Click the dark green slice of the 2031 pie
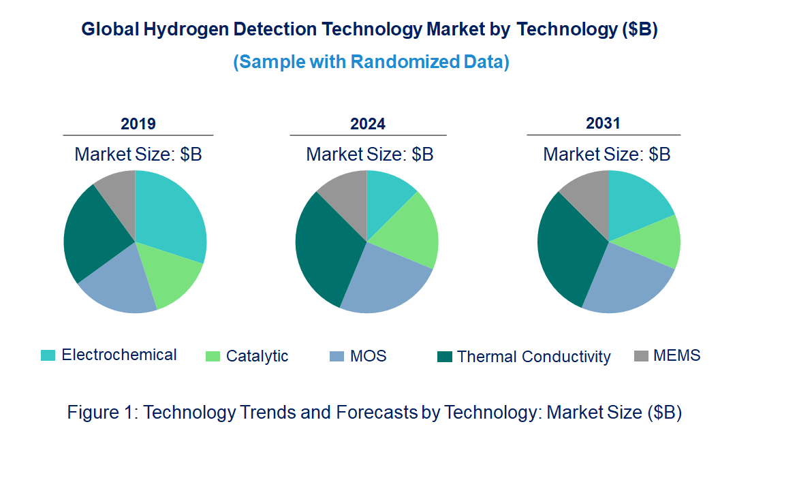[565, 252]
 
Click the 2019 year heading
[138, 124]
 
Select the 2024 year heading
[368, 124]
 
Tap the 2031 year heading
[603, 124]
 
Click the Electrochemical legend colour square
[48, 355]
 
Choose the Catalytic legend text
[257, 356]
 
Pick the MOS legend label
[369, 356]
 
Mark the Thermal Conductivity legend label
[533, 357]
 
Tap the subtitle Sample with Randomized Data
[371, 62]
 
